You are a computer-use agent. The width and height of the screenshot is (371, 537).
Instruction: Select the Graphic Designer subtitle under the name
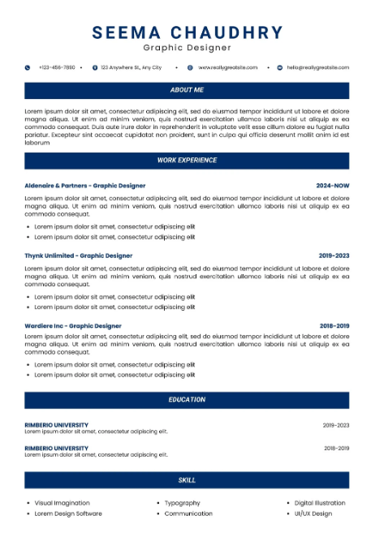coord(187,49)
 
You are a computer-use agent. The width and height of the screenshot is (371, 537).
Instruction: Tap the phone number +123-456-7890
coord(57,67)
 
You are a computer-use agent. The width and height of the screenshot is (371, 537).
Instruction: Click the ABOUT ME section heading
coord(187,90)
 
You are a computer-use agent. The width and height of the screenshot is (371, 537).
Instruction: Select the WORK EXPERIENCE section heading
coord(187,161)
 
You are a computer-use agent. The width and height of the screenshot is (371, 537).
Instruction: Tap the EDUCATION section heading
coord(187,400)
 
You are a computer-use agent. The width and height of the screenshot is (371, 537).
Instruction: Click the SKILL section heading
coord(187,480)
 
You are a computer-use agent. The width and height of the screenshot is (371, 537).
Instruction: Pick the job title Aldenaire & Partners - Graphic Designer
coord(85,186)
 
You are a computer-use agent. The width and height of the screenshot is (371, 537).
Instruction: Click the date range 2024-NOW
coord(332,186)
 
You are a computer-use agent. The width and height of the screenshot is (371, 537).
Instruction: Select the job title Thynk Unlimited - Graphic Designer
coord(78,256)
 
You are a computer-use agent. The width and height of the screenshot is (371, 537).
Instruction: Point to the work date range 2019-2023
coord(334,256)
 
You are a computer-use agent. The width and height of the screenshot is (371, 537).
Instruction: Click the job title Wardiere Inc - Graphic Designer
coord(73,326)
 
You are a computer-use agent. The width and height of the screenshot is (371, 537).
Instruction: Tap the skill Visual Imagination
coord(62,503)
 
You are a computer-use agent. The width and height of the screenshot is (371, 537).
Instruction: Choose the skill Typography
coord(182,503)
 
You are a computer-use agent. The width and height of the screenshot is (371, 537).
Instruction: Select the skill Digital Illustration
coord(319,503)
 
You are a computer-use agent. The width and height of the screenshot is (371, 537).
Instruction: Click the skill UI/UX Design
coord(313,513)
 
